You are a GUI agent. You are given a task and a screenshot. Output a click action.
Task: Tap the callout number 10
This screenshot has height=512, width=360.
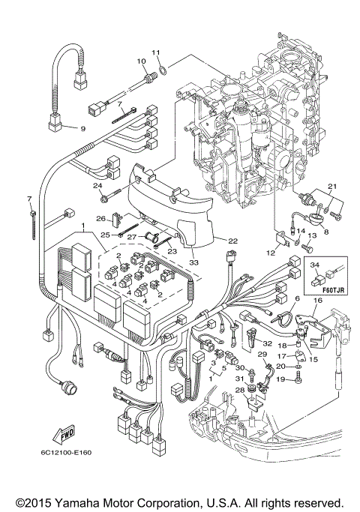[140, 61]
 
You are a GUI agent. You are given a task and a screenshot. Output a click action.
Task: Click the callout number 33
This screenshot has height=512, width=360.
[194, 262]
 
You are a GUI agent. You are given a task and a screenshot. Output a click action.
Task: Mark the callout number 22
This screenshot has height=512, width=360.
[232, 241]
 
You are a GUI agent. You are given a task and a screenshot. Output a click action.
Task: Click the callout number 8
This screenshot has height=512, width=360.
[325, 232]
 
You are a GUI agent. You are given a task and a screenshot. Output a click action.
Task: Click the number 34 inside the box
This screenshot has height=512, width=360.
[316, 265]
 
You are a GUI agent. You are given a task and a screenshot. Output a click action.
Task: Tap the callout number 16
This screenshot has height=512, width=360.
[317, 300]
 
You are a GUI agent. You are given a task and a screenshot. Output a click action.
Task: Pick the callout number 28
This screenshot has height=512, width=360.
[240, 391]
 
